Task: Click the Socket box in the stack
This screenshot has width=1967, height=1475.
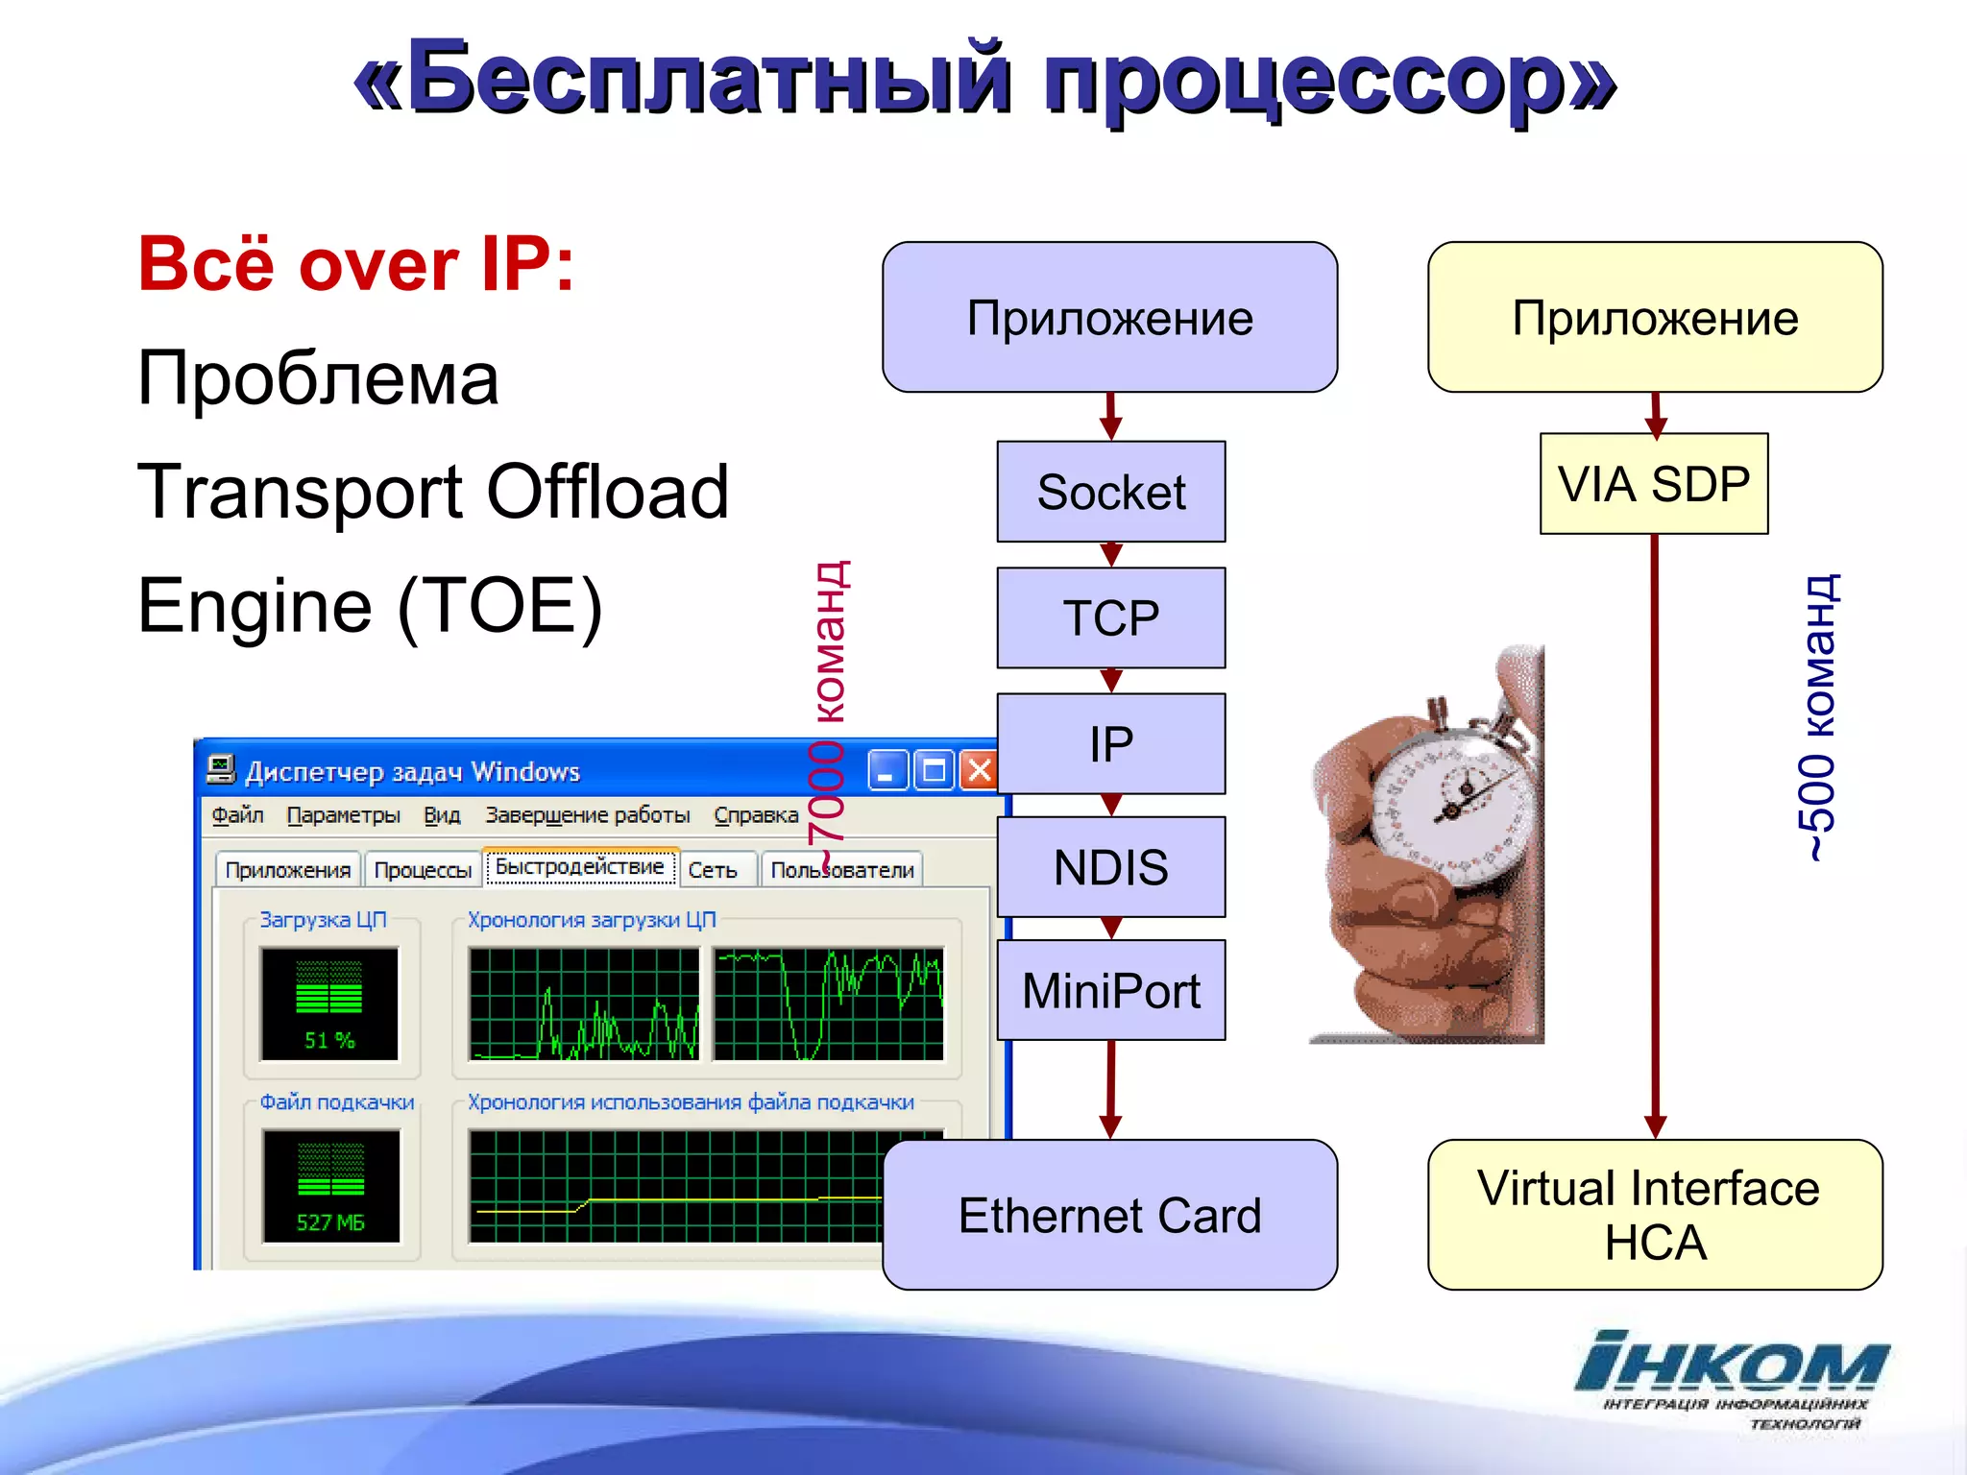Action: pos(1111,492)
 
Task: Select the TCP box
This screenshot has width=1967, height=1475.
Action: pos(1111,617)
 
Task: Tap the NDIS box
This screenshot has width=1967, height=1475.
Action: pos(1111,867)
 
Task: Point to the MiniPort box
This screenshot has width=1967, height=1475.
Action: pos(1111,990)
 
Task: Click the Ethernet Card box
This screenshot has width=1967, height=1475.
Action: pos(1109,1215)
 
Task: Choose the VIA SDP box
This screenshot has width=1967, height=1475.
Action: pos(1654,484)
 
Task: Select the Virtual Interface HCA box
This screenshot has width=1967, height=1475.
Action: pos(1654,1215)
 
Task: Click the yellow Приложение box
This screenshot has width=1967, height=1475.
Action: pos(1654,318)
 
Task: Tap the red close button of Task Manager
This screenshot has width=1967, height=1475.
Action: pos(979,770)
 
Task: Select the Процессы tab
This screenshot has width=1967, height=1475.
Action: pos(423,870)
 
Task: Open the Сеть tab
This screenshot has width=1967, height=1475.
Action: pos(713,870)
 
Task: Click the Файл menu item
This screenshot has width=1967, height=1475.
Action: pos(237,815)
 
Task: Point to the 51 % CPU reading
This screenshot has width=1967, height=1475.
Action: pos(329,1040)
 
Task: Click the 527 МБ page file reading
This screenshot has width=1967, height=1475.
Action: pos(330,1222)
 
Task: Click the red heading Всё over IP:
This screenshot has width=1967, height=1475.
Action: pos(356,264)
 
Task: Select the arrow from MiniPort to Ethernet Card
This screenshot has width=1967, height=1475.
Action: pos(1111,1090)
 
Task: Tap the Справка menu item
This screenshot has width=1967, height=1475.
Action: pos(756,815)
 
